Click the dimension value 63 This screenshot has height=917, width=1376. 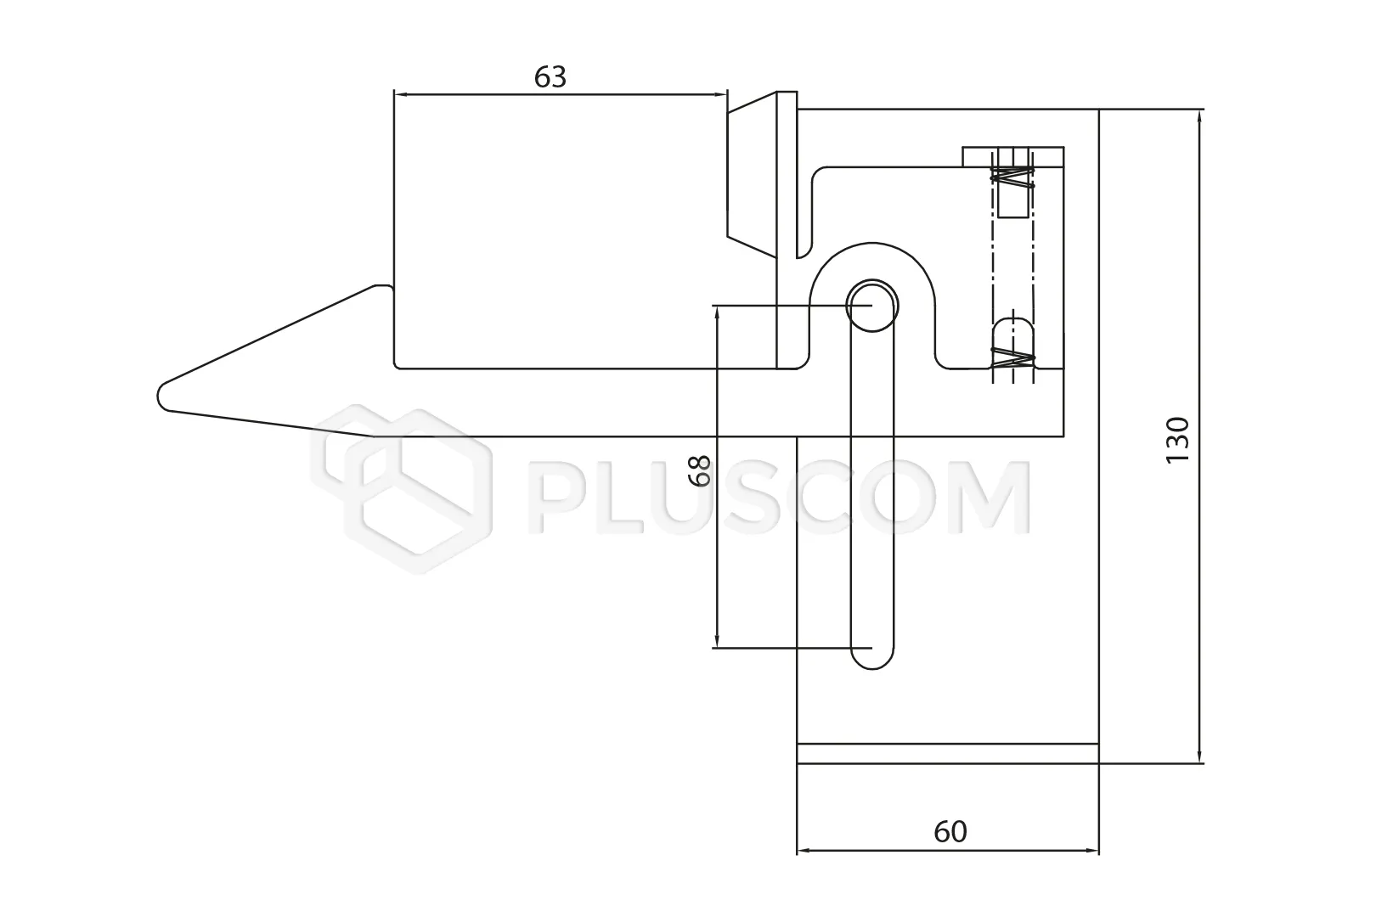coord(550,77)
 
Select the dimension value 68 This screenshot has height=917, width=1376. coord(700,471)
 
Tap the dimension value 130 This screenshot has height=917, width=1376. coord(1177,441)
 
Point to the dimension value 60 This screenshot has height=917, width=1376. coord(950,832)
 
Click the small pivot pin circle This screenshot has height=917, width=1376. coord(871,306)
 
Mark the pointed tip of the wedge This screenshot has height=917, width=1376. coord(159,394)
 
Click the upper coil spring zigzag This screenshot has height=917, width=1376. coord(1012,177)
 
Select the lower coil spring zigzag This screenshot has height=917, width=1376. coord(1012,358)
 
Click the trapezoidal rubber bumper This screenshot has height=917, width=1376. coord(752,174)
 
